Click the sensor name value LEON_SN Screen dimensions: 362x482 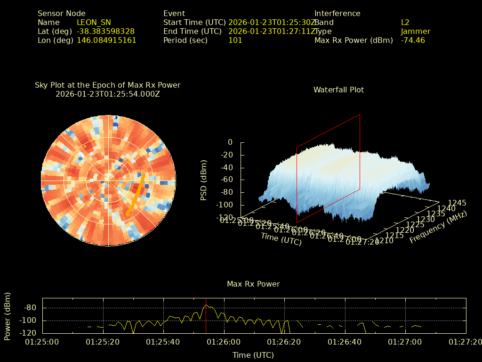94,22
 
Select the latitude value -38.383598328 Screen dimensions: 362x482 105,31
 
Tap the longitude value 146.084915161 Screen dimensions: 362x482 106,40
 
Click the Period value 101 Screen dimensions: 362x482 235,40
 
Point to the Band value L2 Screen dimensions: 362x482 405,22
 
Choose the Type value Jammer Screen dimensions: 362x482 415,31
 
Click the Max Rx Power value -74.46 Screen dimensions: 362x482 413,40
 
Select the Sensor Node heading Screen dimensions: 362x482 62,13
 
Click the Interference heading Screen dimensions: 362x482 337,13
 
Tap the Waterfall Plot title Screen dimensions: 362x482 338,90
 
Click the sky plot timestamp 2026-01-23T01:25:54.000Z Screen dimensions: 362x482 108,94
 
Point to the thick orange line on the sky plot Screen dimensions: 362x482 136,194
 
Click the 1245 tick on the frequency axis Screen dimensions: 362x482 458,203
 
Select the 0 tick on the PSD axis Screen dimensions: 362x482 230,142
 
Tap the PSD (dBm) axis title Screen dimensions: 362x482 204,180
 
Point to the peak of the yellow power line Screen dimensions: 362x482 206,305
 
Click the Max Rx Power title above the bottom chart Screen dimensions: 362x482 253,284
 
